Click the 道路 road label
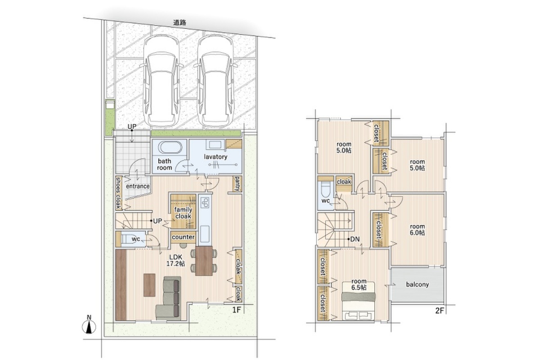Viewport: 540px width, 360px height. tap(180, 22)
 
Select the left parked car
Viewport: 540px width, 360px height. tap(161, 81)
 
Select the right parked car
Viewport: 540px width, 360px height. tap(215, 81)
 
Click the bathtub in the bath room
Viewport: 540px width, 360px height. tap(170, 147)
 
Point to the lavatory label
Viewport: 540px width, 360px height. tap(216, 157)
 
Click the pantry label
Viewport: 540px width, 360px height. tap(238, 184)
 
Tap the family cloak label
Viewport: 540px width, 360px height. tap(183, 213)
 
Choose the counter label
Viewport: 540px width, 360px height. tap(183, 237)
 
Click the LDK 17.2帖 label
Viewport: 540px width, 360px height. tap(176, 260)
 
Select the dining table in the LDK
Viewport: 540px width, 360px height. tap(204, 261)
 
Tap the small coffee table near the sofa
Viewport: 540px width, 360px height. tap(149, 285)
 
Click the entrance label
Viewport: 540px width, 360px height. tap(138, 186)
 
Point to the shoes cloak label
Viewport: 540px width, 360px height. tap(118, 193)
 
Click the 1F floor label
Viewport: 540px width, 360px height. tap(237, 310)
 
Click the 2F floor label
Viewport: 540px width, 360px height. tap(440, 311)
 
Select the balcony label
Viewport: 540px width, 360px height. tap(417, 284)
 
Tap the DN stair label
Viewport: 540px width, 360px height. tap(355, 239)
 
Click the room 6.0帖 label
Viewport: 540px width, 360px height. tap(417, 229)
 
